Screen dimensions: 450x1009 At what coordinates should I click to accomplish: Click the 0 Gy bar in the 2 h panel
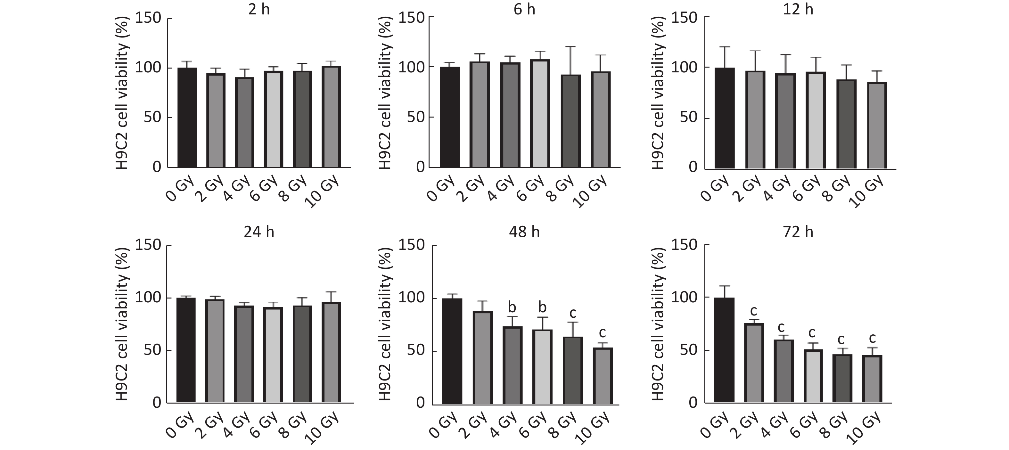pyautogui.click(x=187, y=118)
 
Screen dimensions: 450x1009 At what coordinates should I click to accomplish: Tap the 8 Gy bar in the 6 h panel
pyautogui.click(x=570, y=121)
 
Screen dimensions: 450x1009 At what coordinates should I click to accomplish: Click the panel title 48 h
pyautogui.click(x=524, y=232)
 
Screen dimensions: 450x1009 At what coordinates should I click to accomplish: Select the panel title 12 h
pyautogui.click(x=798, y=9)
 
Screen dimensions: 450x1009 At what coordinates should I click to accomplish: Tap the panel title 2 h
pyautogui.click(x=259, y=9)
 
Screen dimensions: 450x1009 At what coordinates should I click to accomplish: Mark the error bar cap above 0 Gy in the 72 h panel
pyautogui.click(x=724, y=286)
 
